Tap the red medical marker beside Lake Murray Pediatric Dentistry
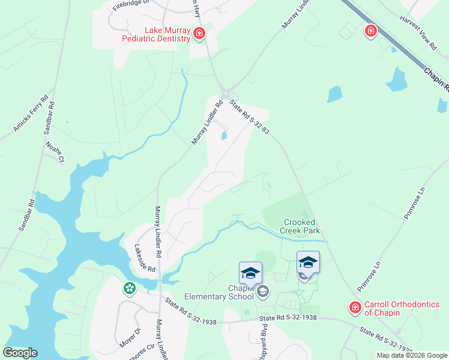199,34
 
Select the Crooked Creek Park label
301,226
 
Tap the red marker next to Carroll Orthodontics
355,308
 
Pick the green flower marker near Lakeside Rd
129,289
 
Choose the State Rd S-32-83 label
249,116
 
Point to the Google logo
20,353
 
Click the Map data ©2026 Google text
412,355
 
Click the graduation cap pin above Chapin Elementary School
250,273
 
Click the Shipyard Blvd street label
264,340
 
